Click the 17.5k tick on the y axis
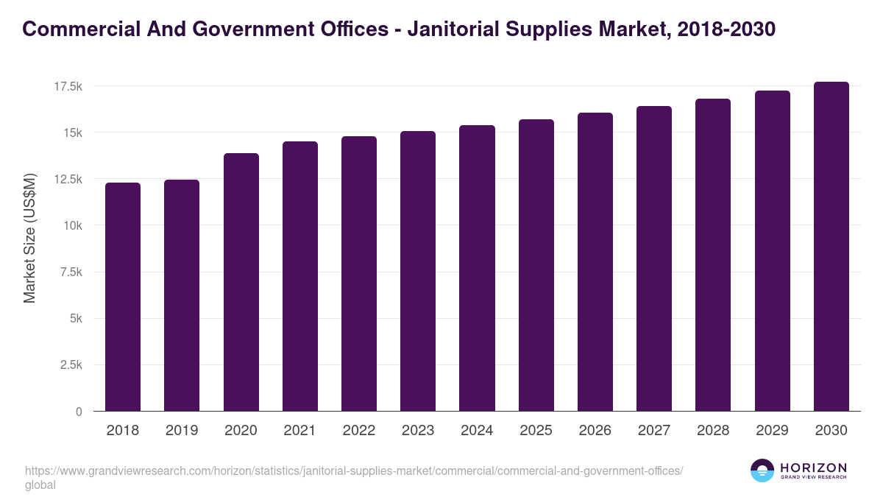68,87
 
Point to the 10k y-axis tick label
71,226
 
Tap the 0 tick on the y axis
79,412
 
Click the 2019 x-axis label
182,431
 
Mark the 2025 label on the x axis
536,431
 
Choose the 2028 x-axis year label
713,431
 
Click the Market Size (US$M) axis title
29,238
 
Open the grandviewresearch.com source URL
354,471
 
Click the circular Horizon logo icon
762,471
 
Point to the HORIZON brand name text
813,468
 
